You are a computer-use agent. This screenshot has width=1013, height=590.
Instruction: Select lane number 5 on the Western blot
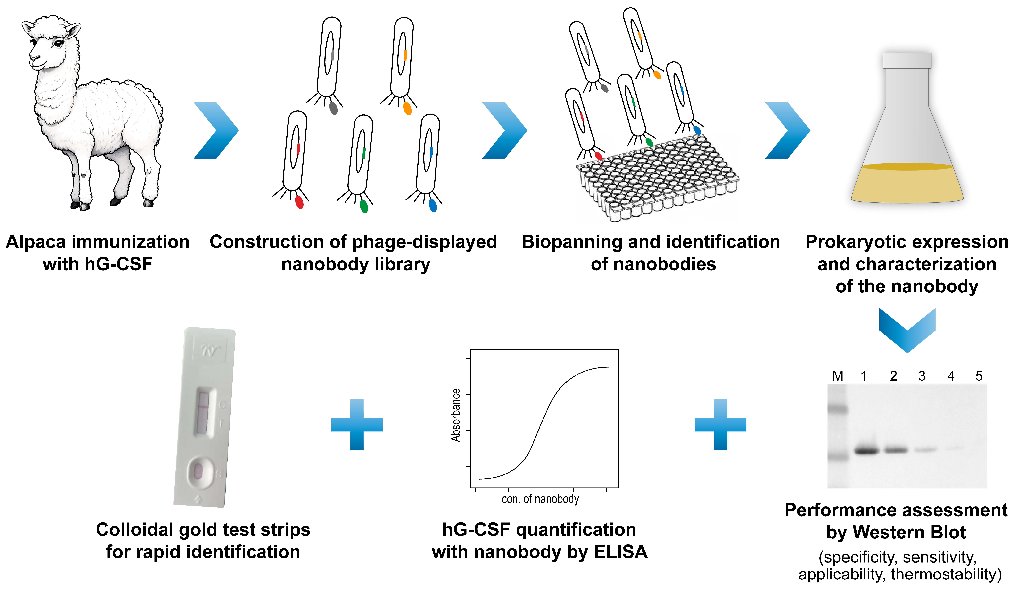979,376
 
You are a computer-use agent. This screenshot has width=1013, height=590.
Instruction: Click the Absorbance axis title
456,415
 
